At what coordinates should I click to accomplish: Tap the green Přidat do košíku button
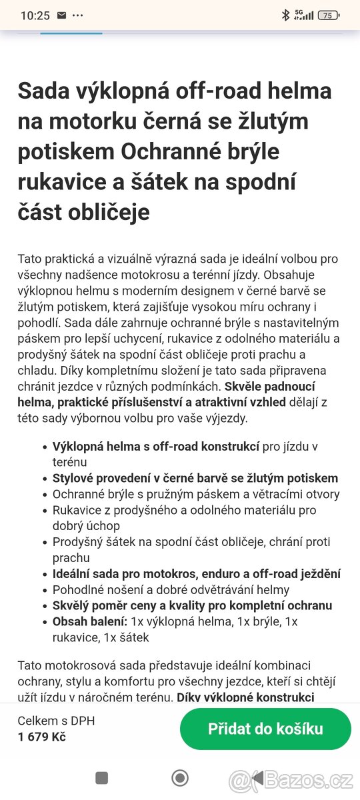click(x=265, y=729)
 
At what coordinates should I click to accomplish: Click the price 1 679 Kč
click(x=41, y=737)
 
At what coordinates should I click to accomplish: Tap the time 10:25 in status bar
click(x=35, y=15)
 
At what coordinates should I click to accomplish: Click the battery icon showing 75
click(x=328, y=15)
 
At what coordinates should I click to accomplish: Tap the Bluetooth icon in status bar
click(x=285, y=15)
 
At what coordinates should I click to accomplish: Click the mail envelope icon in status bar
click(x=61, y=15)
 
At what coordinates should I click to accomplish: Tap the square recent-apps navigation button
click(x=101, y=777)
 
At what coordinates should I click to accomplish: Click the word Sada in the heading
click(x=43, y=91)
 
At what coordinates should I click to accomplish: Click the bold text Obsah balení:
click(x=90, y=621)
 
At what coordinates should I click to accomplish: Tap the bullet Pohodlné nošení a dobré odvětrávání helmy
click(x=171, y=589)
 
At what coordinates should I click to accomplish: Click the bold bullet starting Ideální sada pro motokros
click(x=197, y=573)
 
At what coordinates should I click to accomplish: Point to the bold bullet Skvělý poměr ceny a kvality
click(x=192, y=605)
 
